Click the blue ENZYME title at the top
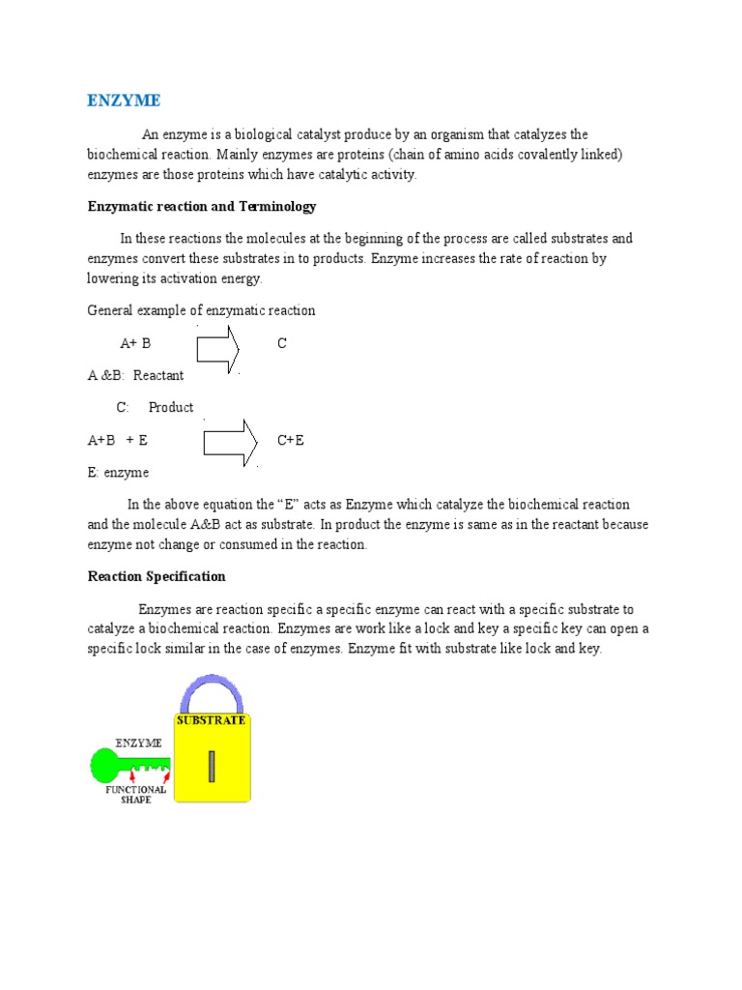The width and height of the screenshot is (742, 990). point(124,101)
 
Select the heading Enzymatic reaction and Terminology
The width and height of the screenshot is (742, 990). point(202,207)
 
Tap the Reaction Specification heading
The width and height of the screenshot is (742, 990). point(157,576)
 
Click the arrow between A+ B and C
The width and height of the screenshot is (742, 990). point(218,348)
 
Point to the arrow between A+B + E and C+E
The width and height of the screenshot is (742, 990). point(230,443)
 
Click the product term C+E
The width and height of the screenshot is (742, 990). point(291,440)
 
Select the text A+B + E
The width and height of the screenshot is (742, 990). point(118,440)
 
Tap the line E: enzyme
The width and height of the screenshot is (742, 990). point(118,473)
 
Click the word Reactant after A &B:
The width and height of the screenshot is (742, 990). point(158,375)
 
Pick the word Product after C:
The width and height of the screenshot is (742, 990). point(171,407)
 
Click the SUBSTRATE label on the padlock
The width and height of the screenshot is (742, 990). point(211,720)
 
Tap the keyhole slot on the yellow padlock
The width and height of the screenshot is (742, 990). point(211,766)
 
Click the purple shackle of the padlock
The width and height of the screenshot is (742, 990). point(211,688)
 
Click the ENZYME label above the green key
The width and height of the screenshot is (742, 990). point(138,742)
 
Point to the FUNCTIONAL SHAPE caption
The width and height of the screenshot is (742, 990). point(136,794)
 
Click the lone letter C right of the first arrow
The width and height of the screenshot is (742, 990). point(282,343)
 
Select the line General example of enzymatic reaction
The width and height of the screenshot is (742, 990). point(201,310)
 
